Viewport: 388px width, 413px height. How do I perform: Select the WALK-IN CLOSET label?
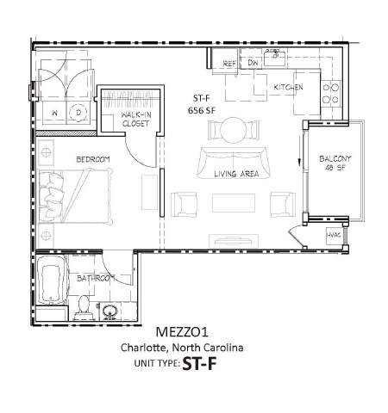(135, 120)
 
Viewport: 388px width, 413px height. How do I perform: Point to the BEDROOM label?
(93, 159)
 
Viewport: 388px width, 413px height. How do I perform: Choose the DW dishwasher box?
(253, 64)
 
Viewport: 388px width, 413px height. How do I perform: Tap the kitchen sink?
(277, 59)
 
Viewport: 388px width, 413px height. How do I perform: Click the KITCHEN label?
(288, 88)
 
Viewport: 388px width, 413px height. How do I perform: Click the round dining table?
(233, 131)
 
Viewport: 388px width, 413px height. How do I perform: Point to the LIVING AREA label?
(237, 174)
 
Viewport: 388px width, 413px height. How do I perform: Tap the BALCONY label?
(334, 159)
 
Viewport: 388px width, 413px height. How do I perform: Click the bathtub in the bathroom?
(52, 286)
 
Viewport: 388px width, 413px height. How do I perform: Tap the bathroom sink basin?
(110, 311)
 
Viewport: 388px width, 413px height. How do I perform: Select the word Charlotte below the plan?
(144, 348)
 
